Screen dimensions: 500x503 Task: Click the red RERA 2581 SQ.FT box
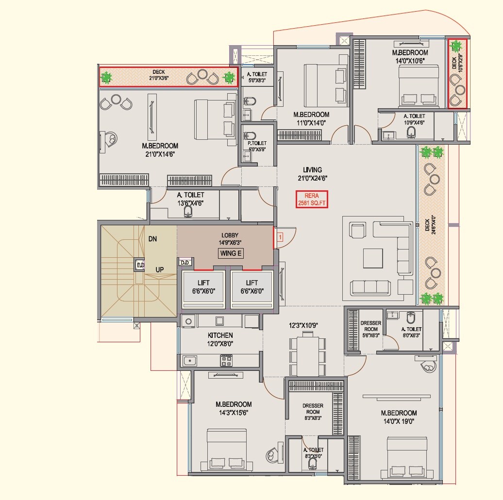[312, 200]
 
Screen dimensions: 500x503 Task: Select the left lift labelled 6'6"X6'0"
[203, 286]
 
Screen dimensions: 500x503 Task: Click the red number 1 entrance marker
[280, 237]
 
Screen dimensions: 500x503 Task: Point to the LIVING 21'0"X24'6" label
[312, 174]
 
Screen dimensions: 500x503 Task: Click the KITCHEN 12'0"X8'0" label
[220, 339]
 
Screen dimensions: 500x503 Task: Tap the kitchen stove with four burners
[226, 360]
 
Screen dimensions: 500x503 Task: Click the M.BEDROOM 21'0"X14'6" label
[160, 150]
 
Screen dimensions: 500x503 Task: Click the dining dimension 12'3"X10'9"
[304, 325]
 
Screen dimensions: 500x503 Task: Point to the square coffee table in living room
[372, 258]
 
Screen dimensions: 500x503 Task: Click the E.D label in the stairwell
[140, 265]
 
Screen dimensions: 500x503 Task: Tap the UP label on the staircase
[159, 269]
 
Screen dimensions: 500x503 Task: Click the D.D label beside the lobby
[184, 263]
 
